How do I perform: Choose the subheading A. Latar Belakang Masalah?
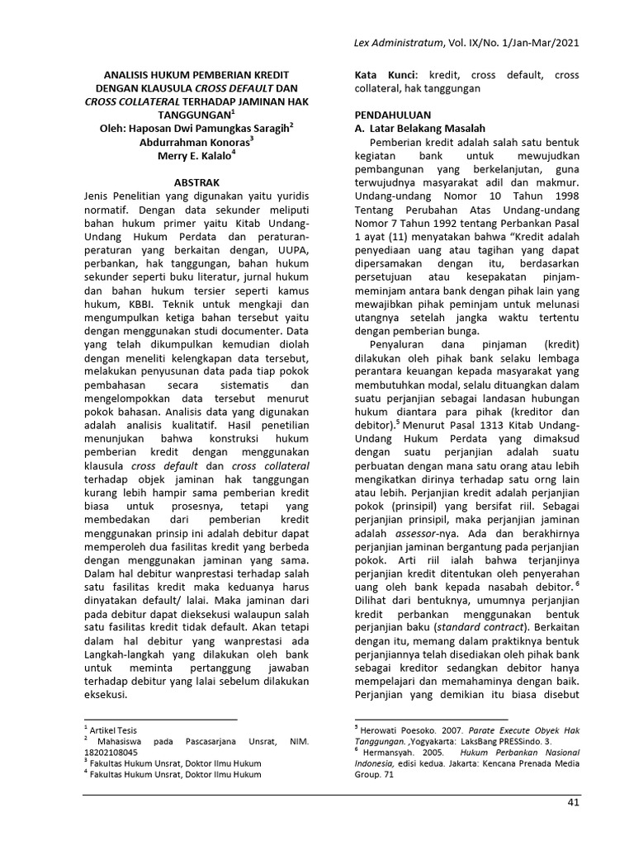tap(419, 128)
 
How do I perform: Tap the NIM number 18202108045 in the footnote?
tap(111, 753)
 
